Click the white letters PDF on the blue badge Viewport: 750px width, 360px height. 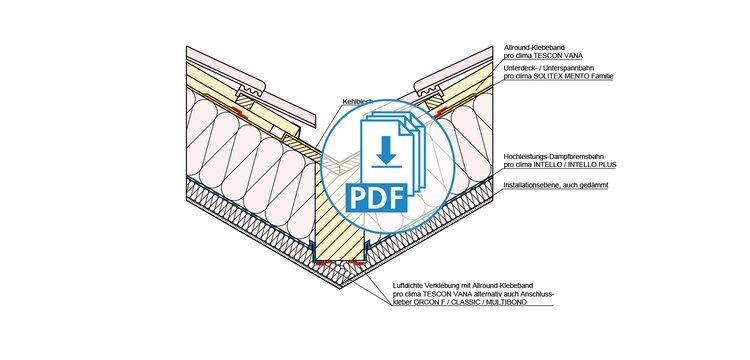376,198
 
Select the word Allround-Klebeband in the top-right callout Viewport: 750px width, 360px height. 528,48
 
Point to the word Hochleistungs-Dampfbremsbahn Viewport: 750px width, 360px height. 542,156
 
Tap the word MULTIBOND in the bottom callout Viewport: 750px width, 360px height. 509,303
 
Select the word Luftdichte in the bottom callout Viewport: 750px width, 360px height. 405,285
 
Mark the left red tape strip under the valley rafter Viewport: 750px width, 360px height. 322,262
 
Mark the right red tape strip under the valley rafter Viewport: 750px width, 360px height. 354,262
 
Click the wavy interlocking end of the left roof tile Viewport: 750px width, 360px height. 250,88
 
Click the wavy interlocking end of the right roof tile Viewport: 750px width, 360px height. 430,88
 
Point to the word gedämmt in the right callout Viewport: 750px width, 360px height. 595,185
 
